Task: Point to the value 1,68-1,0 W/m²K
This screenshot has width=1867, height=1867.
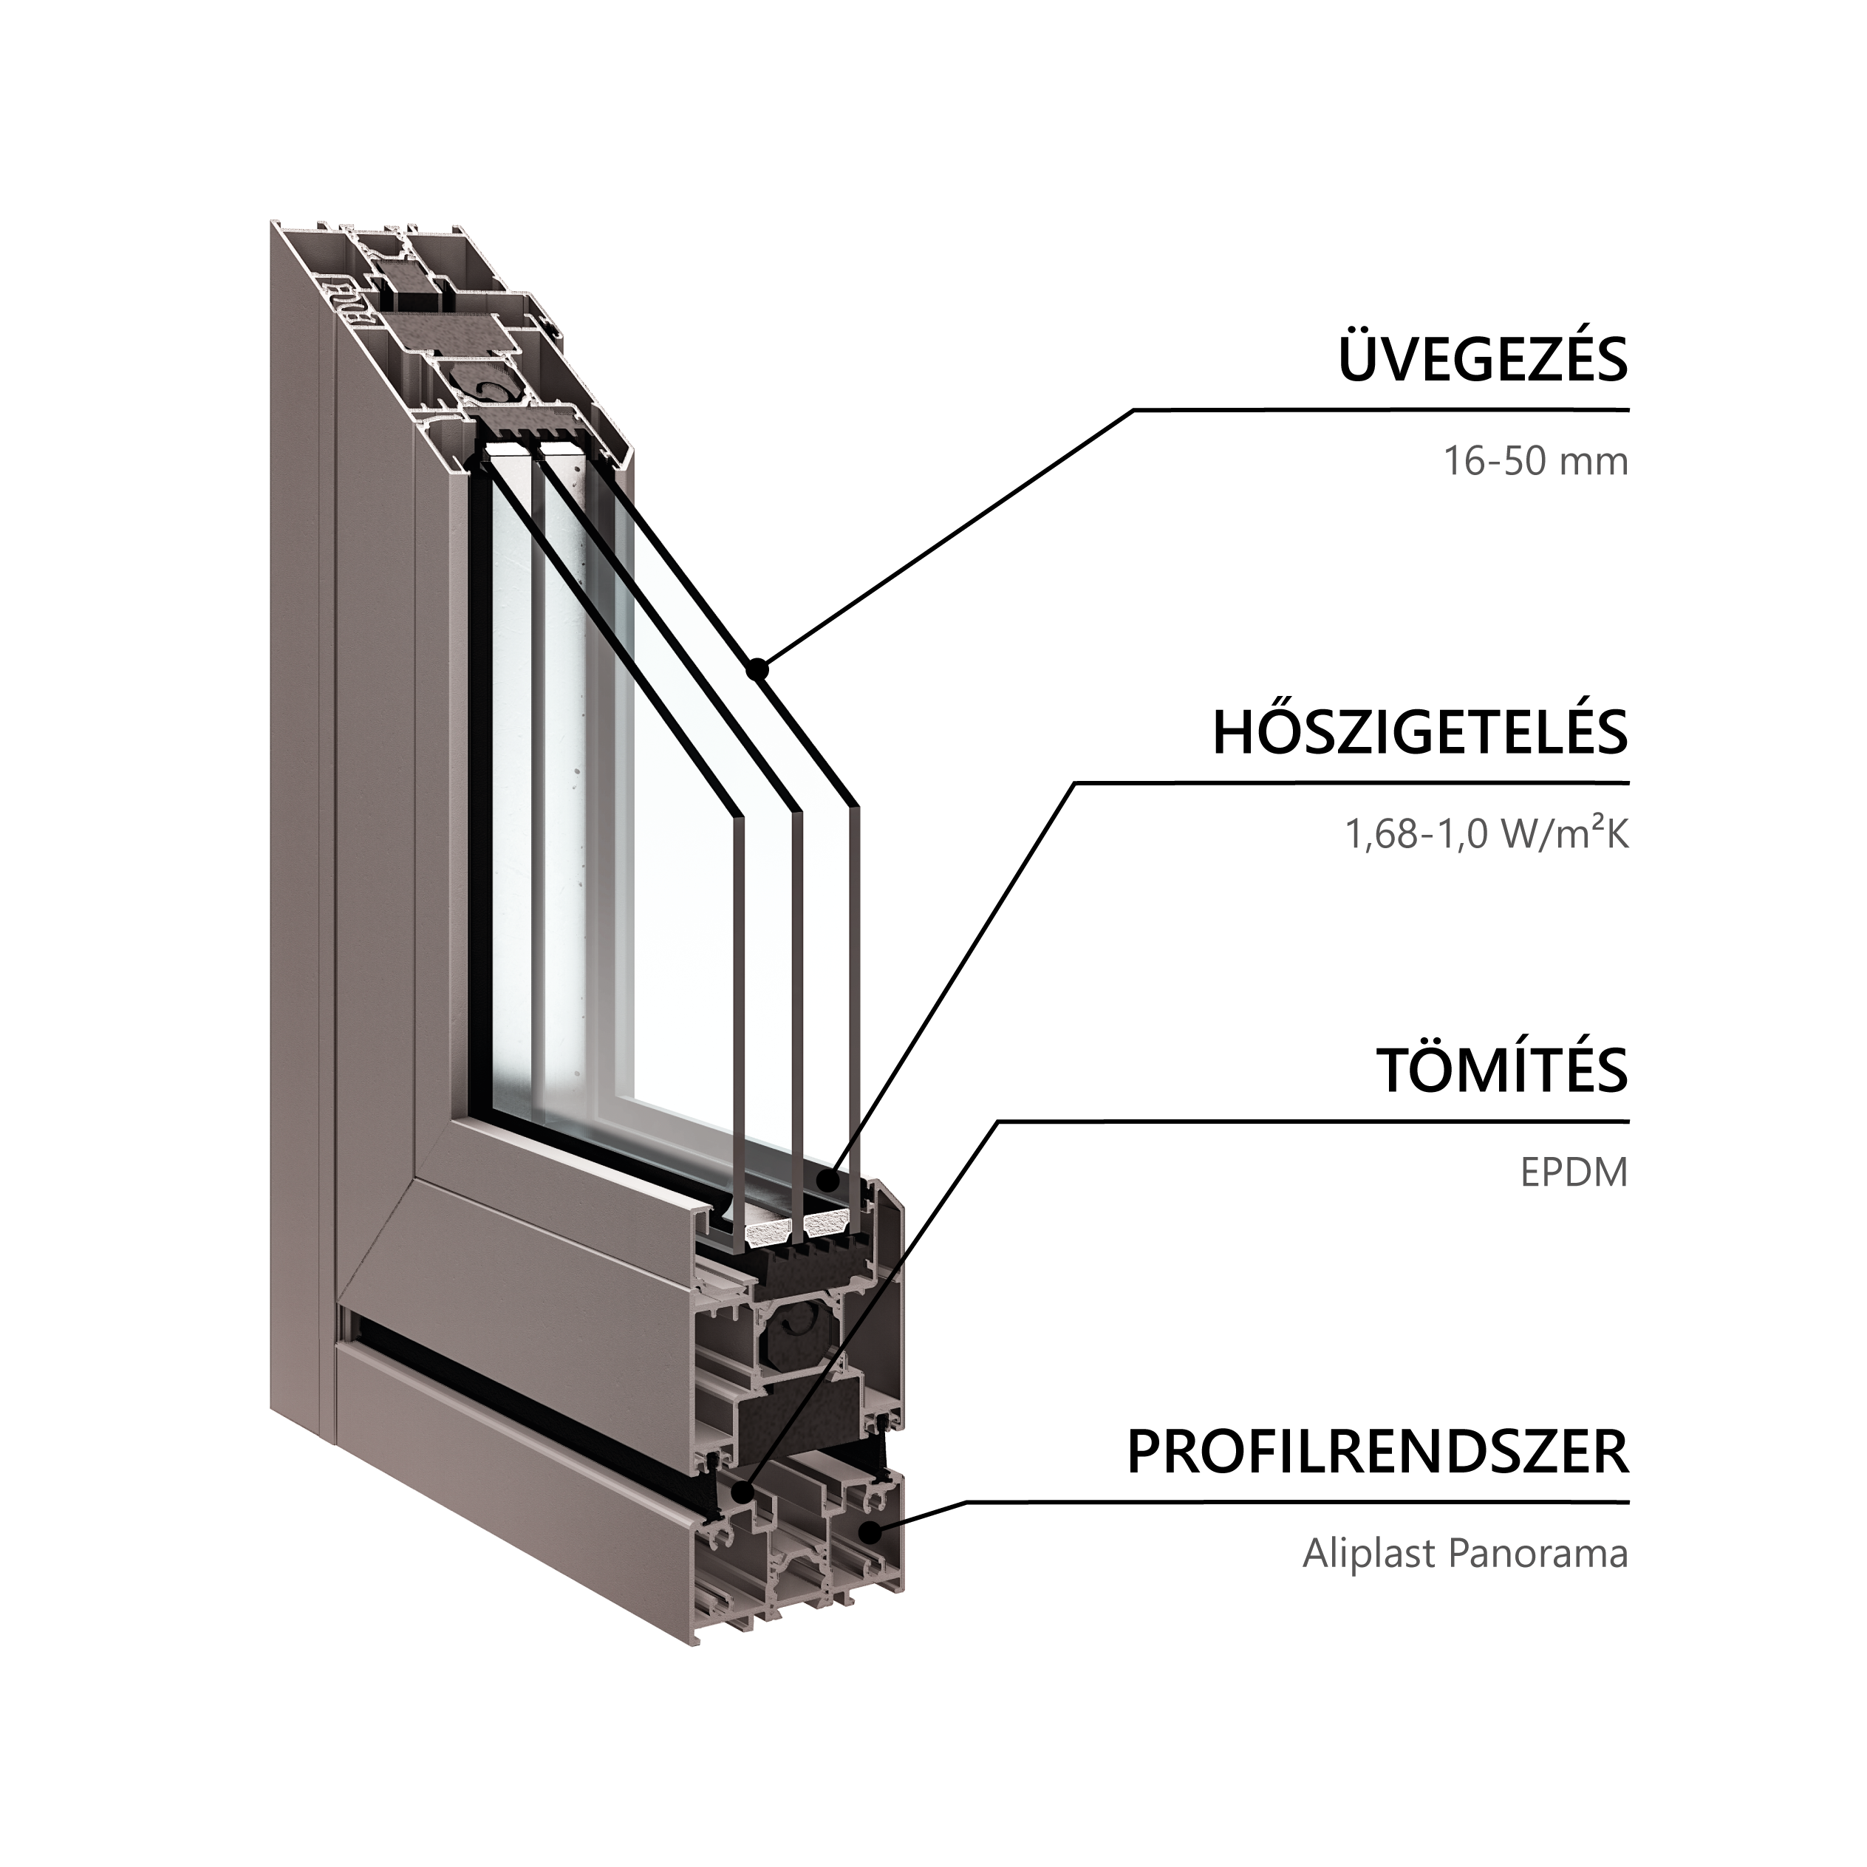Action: pos(1487,832)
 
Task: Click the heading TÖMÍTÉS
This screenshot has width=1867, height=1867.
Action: pos(1504,1069)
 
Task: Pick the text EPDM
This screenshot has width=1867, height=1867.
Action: pos(1574,1173)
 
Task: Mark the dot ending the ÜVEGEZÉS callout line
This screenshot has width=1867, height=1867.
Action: pos(760,666)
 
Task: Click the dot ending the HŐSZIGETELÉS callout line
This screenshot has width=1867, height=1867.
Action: pos(825,1180)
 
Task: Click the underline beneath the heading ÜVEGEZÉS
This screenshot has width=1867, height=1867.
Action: pos(1382,410)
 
